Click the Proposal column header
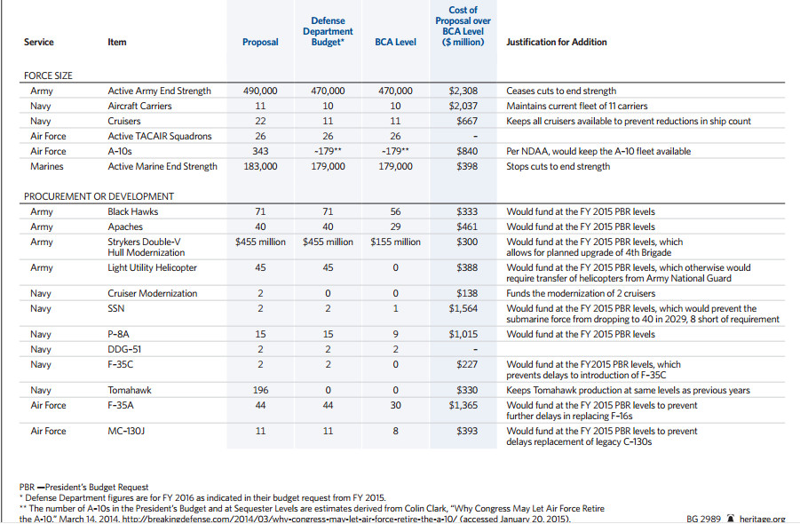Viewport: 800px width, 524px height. [260, 43]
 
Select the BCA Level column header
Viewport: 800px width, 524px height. [395, 43]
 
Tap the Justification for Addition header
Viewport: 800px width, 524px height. [557, 43]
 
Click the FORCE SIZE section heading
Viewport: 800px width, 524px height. [48, 75]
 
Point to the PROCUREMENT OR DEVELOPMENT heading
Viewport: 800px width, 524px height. [99, 196]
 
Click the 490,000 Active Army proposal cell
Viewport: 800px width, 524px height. [260, 91]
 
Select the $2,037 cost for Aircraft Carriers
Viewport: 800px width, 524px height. [463, 106]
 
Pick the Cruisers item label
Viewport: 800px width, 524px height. [124, 121]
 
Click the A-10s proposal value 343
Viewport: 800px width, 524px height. [260, 152]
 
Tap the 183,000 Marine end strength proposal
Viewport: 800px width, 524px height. [260, 166]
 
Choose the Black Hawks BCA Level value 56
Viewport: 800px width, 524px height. [395, 211]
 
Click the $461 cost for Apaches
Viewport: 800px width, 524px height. [467, 226]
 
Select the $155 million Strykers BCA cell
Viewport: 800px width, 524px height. [395, 242]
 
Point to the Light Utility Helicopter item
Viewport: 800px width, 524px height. [152, 268]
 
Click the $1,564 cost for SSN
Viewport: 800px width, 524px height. [463, 309]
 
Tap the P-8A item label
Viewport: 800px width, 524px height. [118, 334]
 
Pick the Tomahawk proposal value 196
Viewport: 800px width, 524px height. [260, 390]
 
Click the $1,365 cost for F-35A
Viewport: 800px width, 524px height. [463, 406]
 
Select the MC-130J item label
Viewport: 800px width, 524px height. [126, 431]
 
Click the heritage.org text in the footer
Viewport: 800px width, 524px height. [762, 519]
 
